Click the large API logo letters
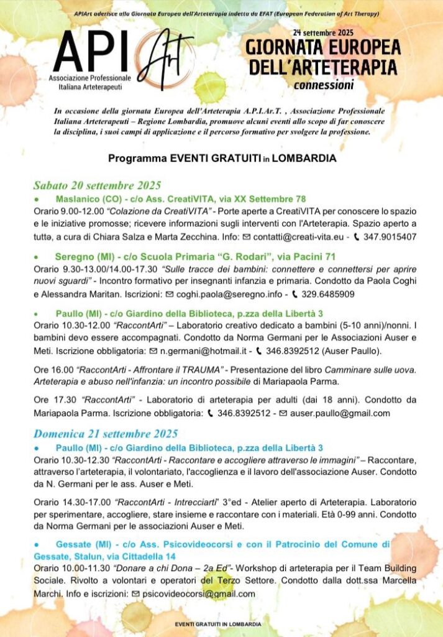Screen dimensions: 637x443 click(93, 52)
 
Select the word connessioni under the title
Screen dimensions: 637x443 click(324, 85)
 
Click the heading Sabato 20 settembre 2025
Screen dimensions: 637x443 click(97, 185)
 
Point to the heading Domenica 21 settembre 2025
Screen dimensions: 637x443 click(106, 434)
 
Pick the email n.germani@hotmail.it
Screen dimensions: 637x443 click(199, 351)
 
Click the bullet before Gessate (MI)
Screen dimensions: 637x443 click(38, 544)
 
